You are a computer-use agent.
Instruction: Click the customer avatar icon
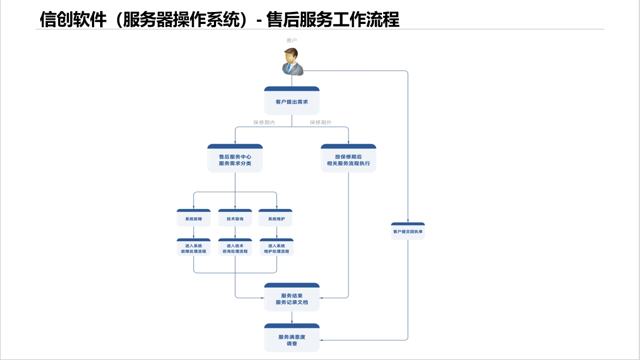pyautogui.click(x=292, y=61)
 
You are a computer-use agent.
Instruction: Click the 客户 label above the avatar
pyautogui.click(x=292, y=40)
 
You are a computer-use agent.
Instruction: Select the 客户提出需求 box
pyautogui.click(x=292, y=101)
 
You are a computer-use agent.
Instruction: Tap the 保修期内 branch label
pyautogui.click(x=264, y=123)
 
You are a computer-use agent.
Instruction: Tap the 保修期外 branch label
pyautogui.click(x=321, y=123)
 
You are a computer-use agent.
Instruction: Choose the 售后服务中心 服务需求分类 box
pyautogui.click(x=235, y=159)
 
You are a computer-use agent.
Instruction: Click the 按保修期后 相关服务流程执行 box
pyautogui.click(x=348, y=159)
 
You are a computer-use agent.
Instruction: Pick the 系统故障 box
pyautogui.click(x=194, y=219)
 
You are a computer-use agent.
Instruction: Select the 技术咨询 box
pyautogui.click(x=235, y=219)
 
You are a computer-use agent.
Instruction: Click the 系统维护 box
pyautogui.click(x=276, y=219)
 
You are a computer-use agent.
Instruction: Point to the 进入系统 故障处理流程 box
pyautogui.click(x=194, y=248)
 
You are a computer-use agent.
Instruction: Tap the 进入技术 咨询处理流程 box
pyautogui.click(x=235, y=248)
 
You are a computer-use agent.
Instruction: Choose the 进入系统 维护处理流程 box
pyautogui.click(x=276, y=248)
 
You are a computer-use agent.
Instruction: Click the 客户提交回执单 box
pyautogui.click(x=408, y=231)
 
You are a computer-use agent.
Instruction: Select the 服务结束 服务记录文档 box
pyautogui.click(x=292, y=298)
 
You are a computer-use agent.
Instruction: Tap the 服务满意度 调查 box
pyautogui.click(x=292, y=339)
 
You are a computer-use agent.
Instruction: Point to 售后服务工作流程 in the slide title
pyautogui.click(x=333, y=20)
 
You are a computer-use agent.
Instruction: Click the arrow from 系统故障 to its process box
pyautogui.click(x=194, y=233)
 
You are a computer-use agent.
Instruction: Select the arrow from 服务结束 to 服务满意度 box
pyautogui.click(x=292, y=318)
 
